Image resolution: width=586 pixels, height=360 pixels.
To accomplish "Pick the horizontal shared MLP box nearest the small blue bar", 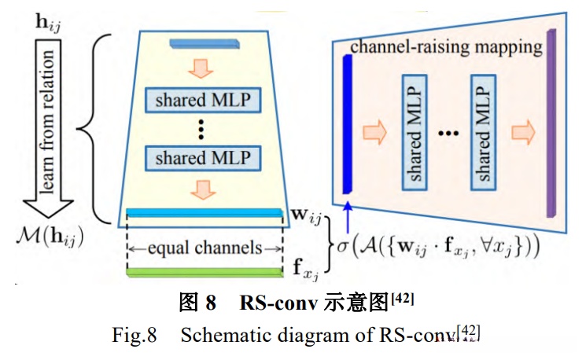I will [203, 100].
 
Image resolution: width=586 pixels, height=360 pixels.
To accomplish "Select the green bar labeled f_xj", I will [203, 272].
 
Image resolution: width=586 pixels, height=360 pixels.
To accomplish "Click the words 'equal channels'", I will [203, 248].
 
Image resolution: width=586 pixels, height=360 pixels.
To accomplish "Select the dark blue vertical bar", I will [346, 125].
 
